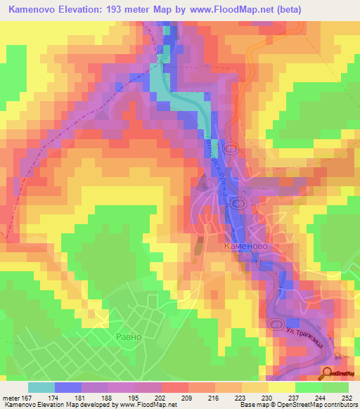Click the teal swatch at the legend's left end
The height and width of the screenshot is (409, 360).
[x=41, y=387]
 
